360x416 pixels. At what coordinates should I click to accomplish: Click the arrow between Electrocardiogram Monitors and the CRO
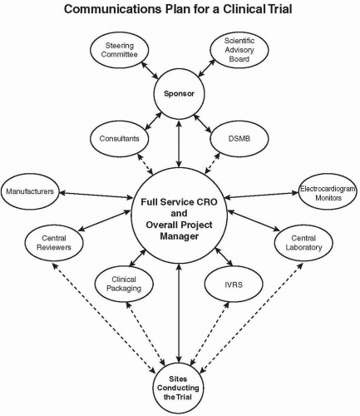(x=264, y=196)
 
